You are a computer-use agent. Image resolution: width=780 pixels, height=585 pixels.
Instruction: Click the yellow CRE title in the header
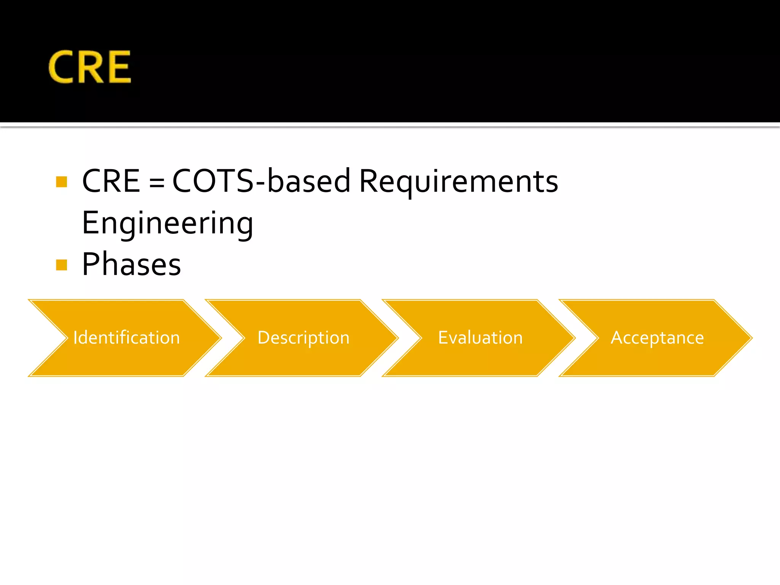coord(90,67)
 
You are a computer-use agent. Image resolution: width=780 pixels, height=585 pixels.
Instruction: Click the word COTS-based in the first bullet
coord(261,181)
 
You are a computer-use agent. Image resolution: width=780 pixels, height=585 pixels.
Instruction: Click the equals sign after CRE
coord(157,183)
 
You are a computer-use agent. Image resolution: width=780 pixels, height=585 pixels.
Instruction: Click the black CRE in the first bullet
coord(111,181)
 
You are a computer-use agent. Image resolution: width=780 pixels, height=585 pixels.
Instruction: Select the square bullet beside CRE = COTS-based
coord(61,182)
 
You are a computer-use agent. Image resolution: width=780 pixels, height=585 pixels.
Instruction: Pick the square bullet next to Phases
coord(61,265)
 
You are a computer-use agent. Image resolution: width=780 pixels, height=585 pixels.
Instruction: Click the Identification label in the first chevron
coord(126,338)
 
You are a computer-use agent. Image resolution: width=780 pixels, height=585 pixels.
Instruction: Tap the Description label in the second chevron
coord(304,338)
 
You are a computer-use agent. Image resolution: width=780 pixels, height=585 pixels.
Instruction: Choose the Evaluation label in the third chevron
coord(480,338)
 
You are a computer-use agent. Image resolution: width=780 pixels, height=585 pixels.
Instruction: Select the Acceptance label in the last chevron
coord(657,338)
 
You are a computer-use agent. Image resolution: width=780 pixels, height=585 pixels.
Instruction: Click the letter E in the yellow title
coord(120,67)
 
